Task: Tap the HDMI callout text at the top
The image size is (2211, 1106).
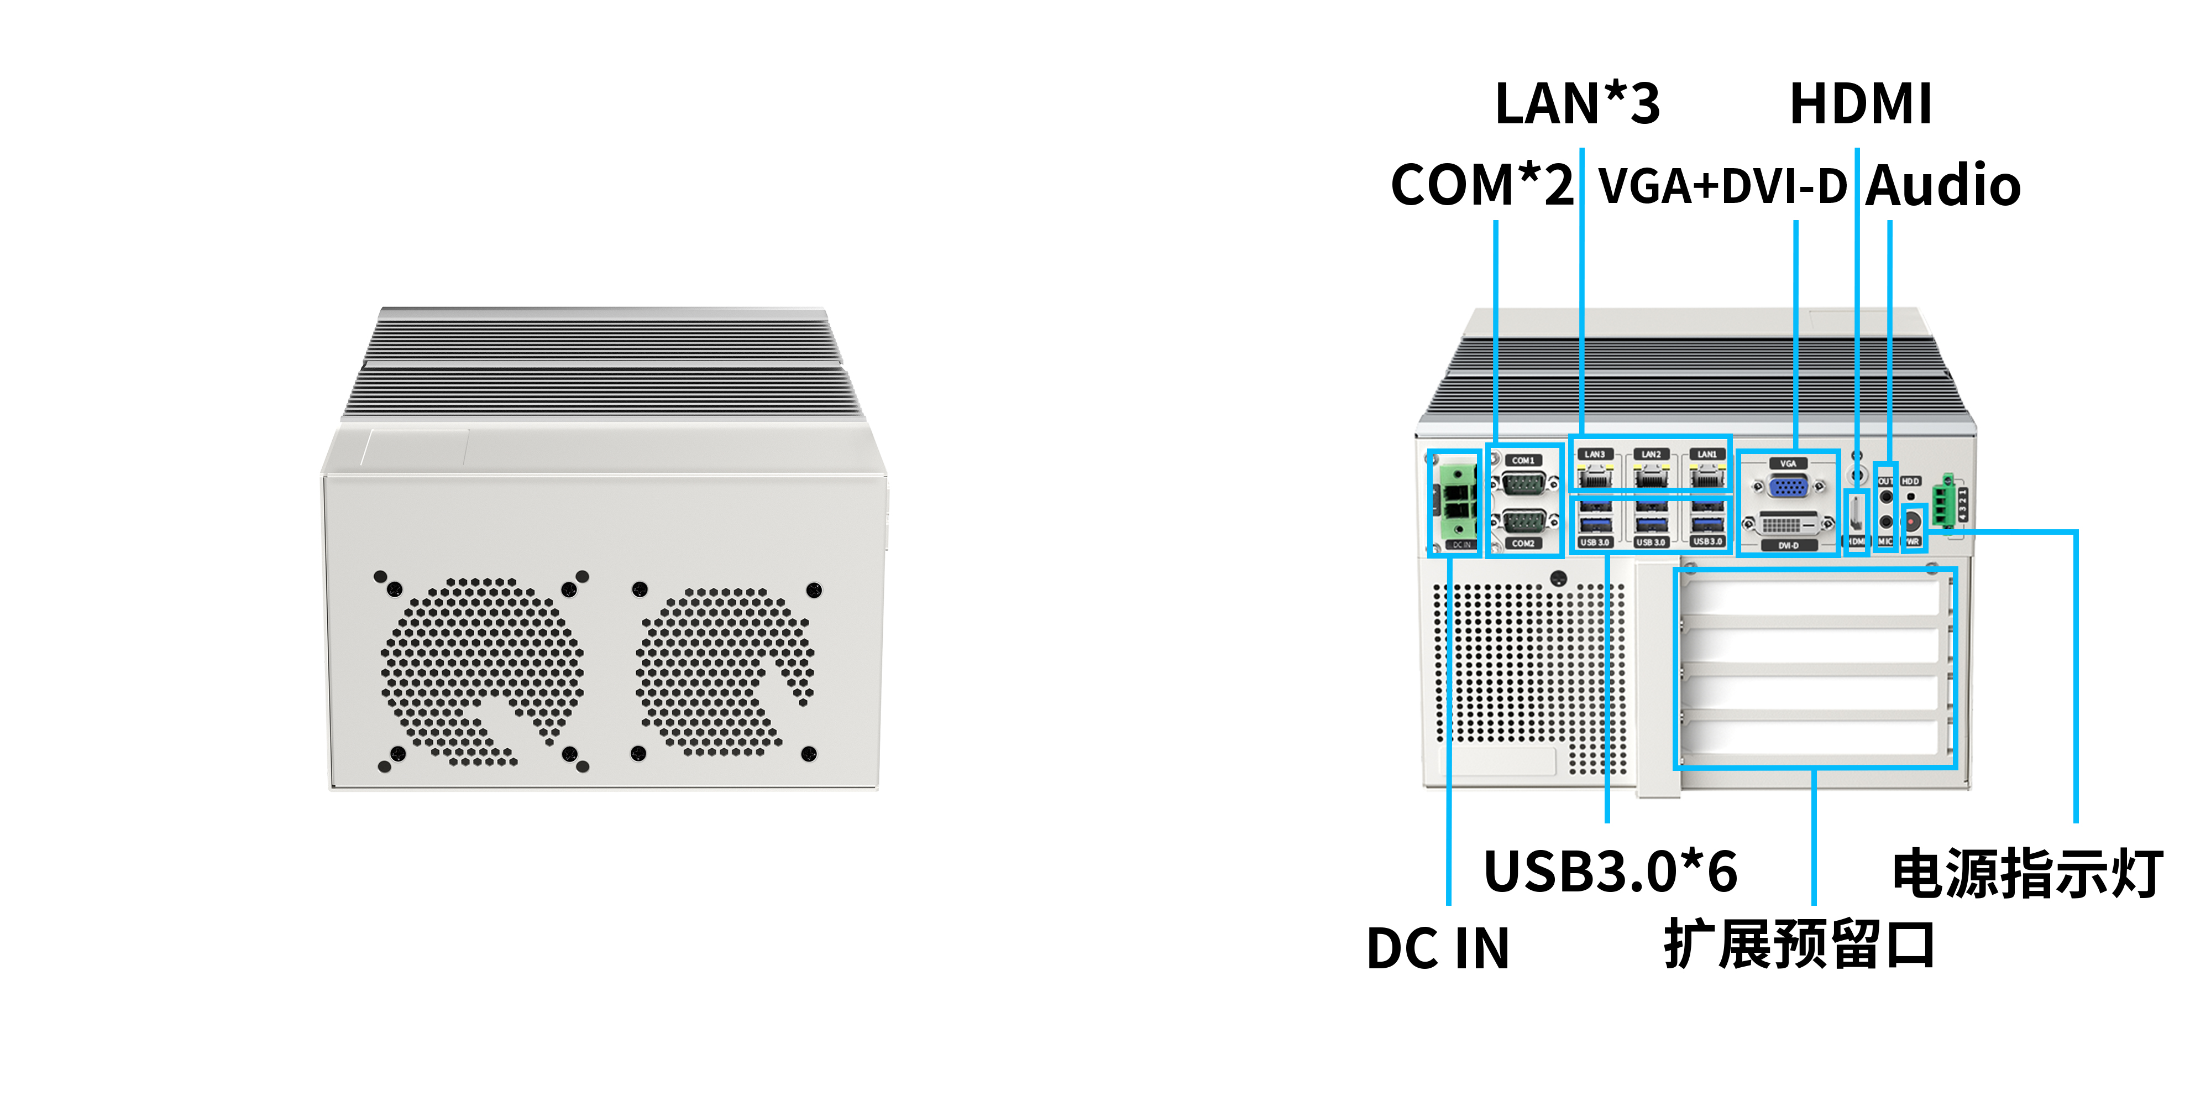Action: [x=1860, y=104]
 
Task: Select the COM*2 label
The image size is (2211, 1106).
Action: [x=1481, y=185]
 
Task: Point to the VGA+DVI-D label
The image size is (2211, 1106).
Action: [x=1722, y=185]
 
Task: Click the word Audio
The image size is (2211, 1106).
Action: [x=1943, y=185]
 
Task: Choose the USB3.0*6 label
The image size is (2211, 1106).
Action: [x=1610, y=872]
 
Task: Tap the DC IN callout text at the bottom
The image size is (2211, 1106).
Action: [x=1438, y=949]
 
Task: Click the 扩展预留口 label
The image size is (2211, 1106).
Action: [x=1799, y=945]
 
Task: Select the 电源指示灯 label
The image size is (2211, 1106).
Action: [x=2027, y=874]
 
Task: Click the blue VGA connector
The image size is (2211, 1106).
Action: [x=1788, y=487]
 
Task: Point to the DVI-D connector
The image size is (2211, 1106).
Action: [x=1788, y=523]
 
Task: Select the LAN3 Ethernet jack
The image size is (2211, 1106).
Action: [x=1594, y=474]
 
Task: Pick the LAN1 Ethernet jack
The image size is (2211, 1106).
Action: [x=1707, y=474]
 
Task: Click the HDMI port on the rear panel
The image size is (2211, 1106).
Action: [x=1856, y=515]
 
